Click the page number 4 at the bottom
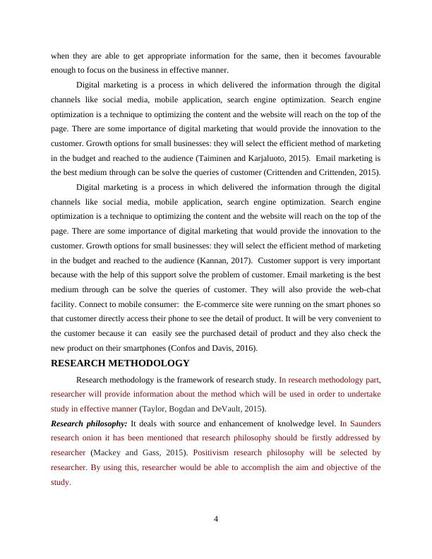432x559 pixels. point(216,521)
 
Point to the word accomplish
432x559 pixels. point(257,467)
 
